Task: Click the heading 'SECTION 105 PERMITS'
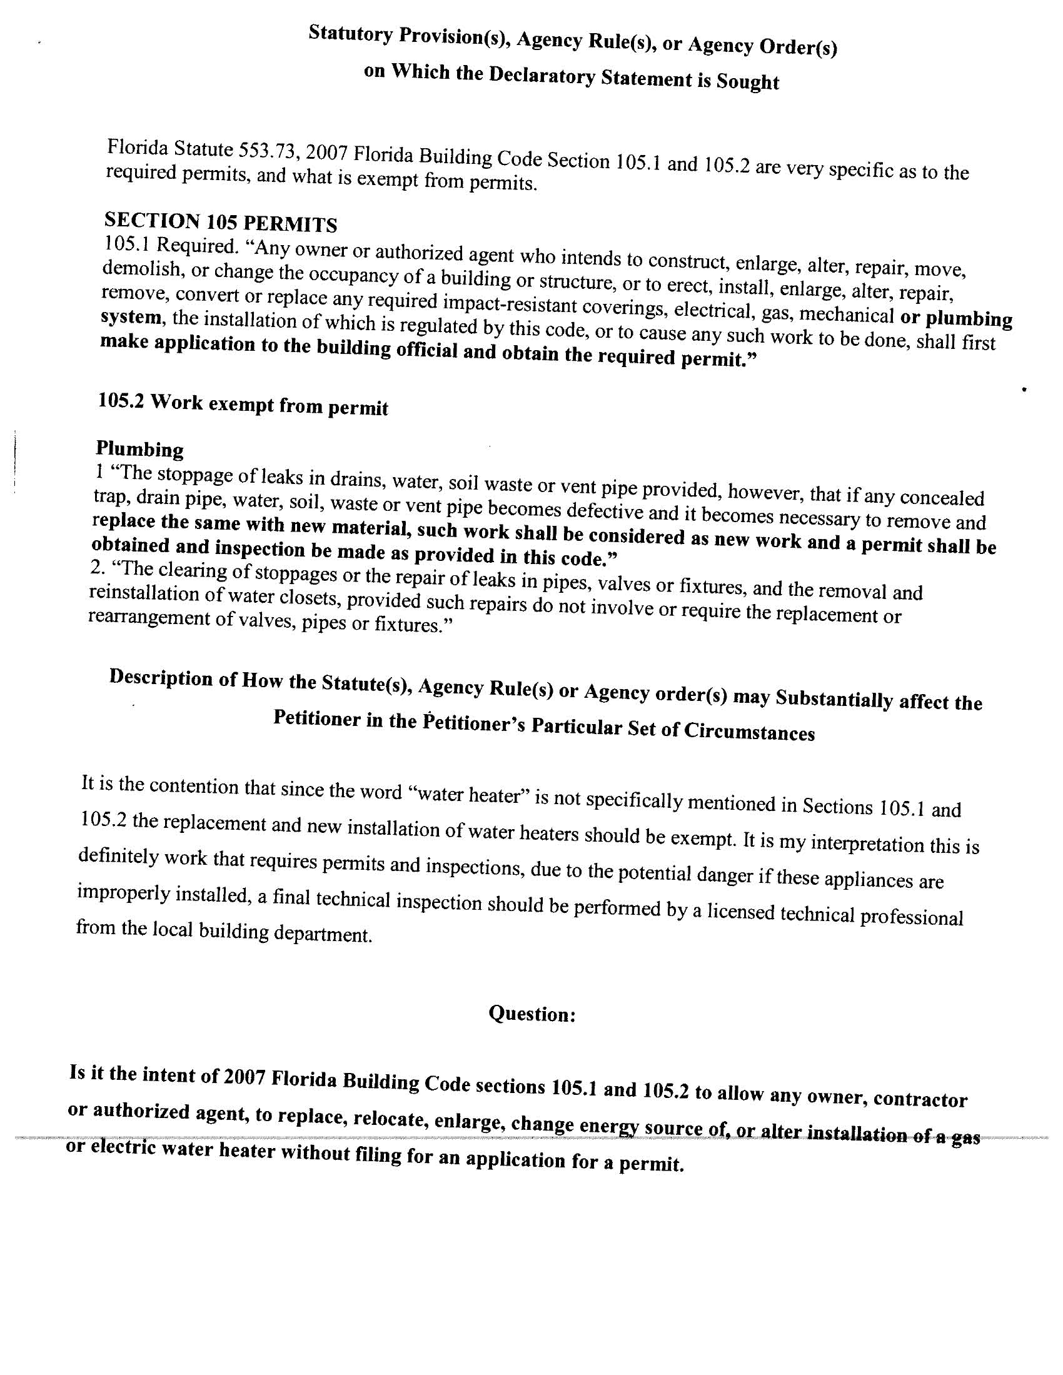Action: pyautogui.click(x=220, y=222)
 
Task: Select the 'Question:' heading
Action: pyautogui.click(x=532, y=1014)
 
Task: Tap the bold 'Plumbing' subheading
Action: pyautogui.click(x=140, y=449)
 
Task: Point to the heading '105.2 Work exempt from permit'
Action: pyautogui.click(x=243, y=404)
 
